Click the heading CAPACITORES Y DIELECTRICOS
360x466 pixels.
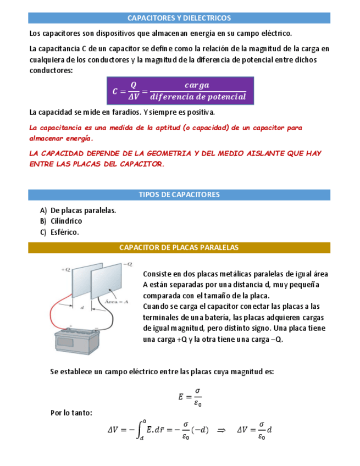click(x=179, y=18)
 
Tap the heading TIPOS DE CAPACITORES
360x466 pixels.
click(x=179, y=195)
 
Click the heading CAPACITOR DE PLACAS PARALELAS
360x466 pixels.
click(x=179, y=248)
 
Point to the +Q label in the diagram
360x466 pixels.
click(x=67, y=270)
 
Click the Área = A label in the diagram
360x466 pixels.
click(x=116, y=301)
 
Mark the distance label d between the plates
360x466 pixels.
click(x=82, y=308)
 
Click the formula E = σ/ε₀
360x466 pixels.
click(x=190, y=397)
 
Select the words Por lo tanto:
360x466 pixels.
click(x=71, y=413)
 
